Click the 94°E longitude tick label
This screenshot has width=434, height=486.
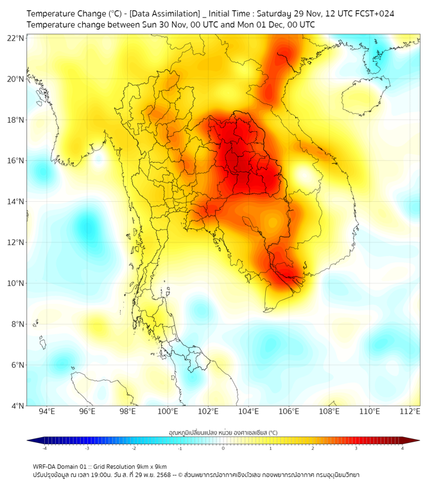47,411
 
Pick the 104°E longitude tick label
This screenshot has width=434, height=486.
248,411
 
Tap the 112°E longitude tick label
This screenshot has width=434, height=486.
410,411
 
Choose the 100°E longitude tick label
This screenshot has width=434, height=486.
168,411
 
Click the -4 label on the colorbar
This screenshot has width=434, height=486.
44,448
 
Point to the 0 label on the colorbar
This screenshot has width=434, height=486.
223,448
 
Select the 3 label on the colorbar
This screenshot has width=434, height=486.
358,448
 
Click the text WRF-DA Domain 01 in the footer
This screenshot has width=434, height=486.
61,466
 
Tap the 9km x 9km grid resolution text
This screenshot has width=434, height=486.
150,466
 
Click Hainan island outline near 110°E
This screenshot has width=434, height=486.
360,96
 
